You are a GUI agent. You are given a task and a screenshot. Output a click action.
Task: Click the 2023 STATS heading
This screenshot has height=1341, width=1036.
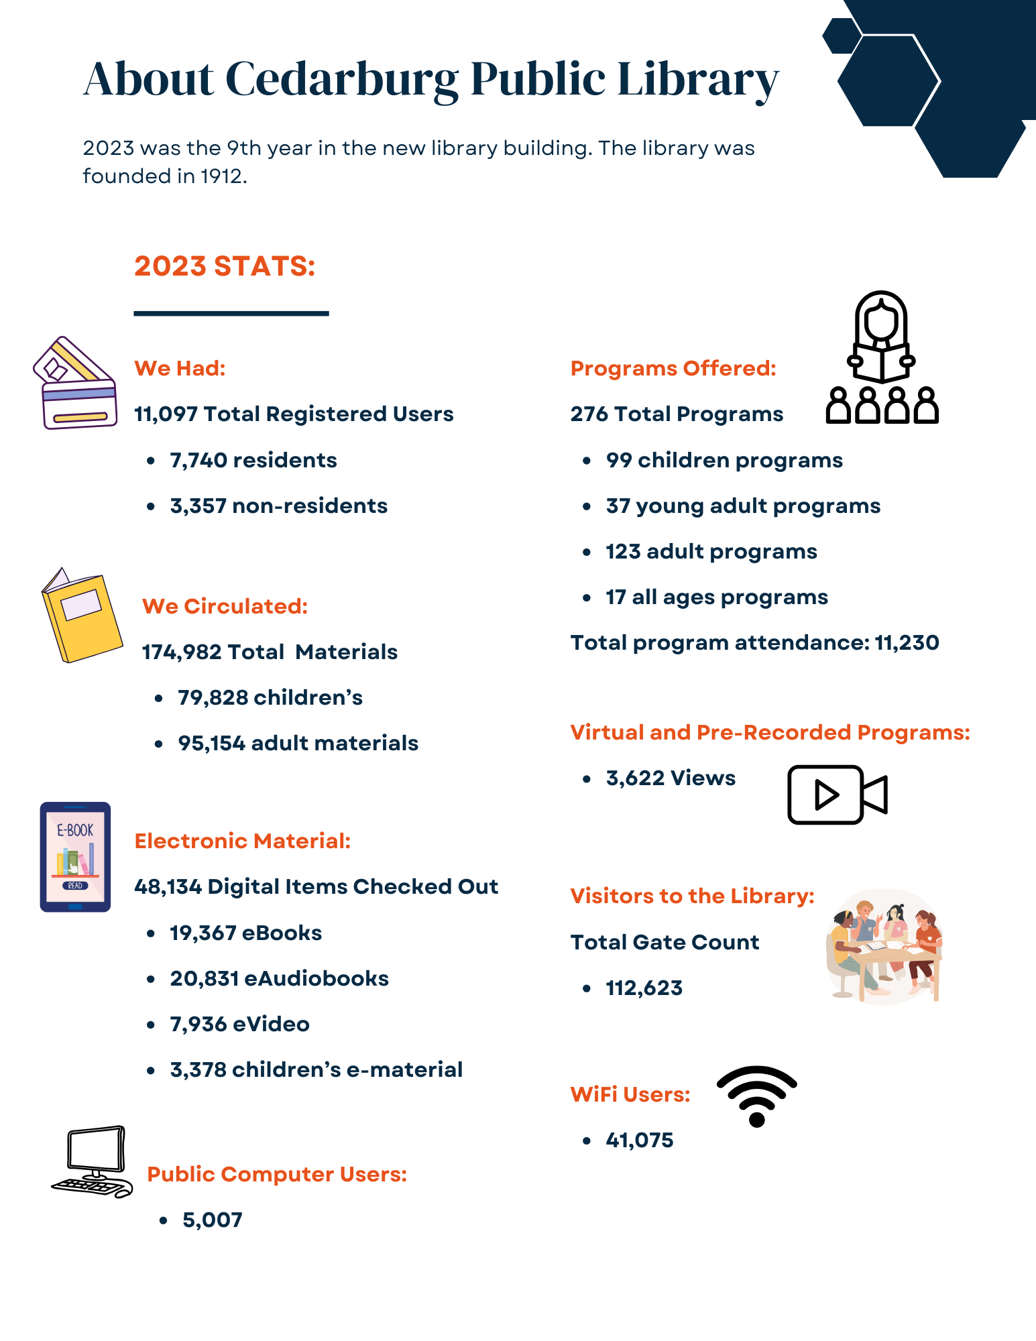pos(224,266)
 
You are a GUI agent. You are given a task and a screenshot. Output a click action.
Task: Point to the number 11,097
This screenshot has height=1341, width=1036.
pos(165,414)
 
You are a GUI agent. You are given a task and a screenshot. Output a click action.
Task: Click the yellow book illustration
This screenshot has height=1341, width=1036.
pos(81,616)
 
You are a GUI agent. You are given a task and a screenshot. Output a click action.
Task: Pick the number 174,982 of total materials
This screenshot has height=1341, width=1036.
pos(181,652)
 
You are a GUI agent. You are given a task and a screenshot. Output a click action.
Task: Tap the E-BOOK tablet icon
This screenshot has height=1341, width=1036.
pos(75,857)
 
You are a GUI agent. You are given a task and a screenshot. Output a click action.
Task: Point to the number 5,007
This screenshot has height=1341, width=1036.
pos(212,1220)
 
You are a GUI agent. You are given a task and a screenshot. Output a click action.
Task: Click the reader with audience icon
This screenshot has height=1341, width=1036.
pos(881,359)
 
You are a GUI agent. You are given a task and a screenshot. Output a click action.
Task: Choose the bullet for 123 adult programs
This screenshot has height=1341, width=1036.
pos(587,552)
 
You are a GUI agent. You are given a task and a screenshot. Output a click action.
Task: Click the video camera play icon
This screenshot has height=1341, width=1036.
pos(836,795)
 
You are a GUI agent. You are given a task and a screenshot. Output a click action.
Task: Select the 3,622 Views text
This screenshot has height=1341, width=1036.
pos(670,778)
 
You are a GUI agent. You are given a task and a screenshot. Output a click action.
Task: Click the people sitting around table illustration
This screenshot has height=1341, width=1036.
pos(883,947)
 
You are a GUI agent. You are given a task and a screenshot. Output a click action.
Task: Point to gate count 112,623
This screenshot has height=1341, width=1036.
pos(644,988)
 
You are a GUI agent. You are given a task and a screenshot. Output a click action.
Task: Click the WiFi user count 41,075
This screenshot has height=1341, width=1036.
pos(639,1141)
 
